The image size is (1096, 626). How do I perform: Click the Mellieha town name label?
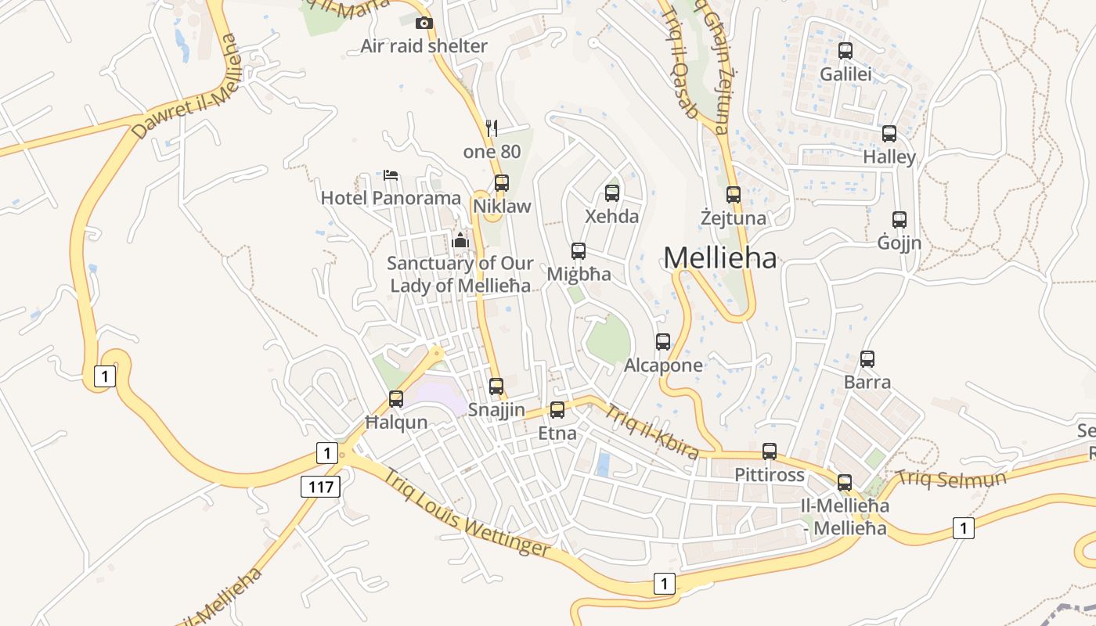coord(720,257)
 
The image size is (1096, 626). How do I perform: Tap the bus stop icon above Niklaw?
coord(502,183)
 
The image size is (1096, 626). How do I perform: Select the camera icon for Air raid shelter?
coord(424,23)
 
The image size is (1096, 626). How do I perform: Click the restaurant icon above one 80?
coord(492,128)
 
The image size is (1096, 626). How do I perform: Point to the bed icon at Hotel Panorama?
coord(391,174)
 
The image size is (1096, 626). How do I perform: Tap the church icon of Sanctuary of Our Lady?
coord(460,240)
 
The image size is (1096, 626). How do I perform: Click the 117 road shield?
coord(321,487)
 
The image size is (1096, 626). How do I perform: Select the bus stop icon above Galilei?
coord(845,51)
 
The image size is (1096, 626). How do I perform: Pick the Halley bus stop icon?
coord(889,134)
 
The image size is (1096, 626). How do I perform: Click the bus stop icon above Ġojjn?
coord(900,220)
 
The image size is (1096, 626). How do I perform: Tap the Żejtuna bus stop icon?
coord(734,195)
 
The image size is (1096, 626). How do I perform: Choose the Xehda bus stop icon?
coord(612,192)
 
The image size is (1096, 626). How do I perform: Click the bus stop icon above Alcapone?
coord(663,342)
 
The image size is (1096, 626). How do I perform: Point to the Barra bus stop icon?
coord(867,359)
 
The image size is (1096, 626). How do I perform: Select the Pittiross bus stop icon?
coord(770,452)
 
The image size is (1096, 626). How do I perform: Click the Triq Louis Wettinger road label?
coord(467,513)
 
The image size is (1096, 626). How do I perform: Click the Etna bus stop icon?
coord(557,409)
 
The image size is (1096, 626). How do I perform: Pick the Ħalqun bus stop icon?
coord(396,399)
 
